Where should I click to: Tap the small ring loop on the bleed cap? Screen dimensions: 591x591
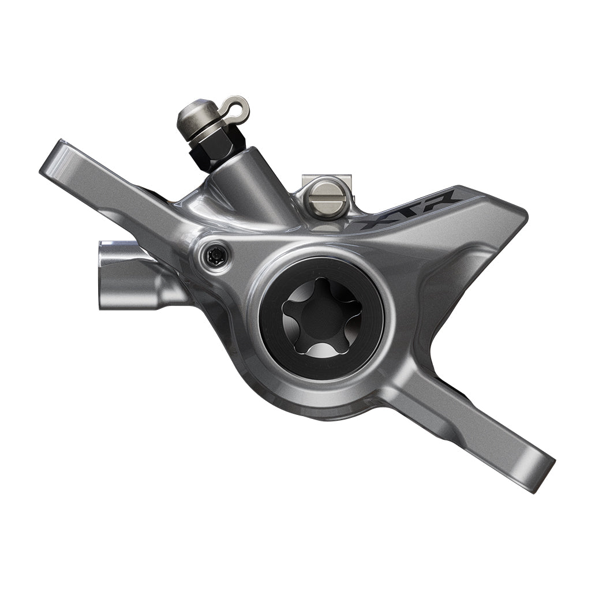click(237, 107)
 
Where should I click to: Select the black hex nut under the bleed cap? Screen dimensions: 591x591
click(216, 149)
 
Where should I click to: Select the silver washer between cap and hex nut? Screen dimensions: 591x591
click(205, 130)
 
